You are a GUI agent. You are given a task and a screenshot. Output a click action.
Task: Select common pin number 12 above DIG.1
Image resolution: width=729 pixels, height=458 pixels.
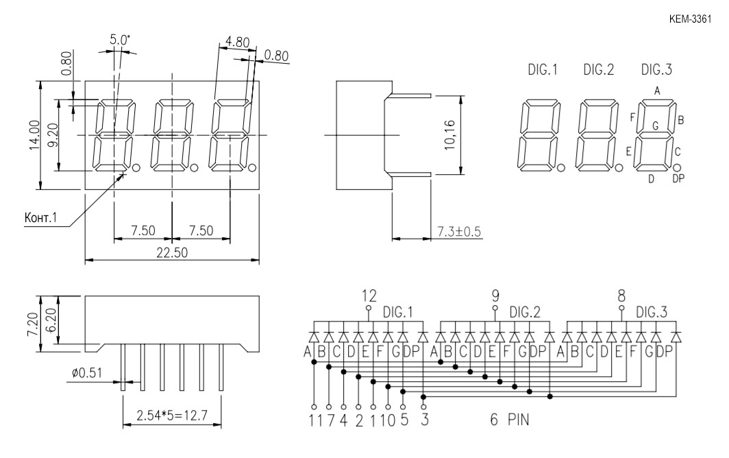369,296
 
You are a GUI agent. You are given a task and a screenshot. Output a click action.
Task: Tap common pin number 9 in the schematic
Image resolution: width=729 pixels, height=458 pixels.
495,296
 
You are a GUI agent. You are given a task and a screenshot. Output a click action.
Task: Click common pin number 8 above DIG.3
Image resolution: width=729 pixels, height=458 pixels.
621,296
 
